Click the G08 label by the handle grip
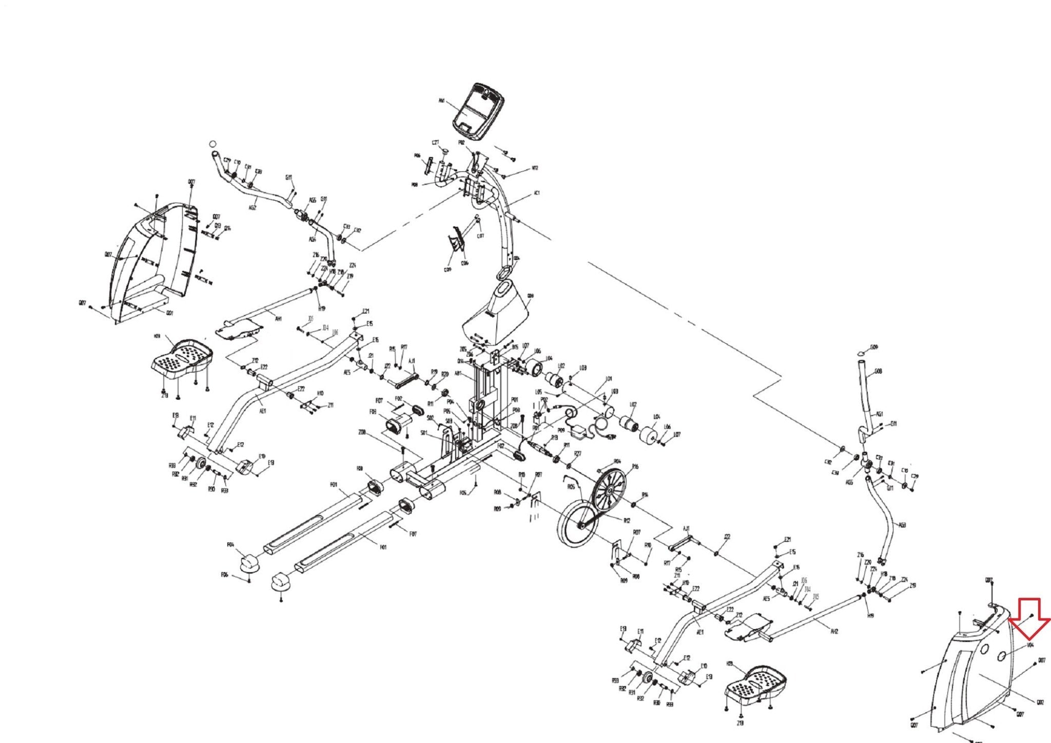878,371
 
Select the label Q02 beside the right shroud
1040,703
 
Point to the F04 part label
230,544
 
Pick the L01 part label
609,379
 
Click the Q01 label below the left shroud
169,313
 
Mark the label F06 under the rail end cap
224,575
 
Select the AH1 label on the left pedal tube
279,319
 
